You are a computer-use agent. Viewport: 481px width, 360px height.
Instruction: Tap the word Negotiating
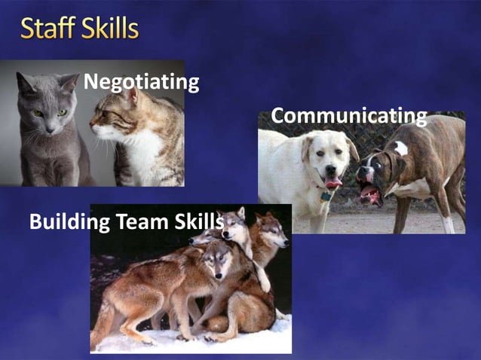[141, 81]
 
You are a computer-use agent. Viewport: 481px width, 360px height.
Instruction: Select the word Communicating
[348, 116]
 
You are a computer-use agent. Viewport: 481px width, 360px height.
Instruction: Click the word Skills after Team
[198, 222]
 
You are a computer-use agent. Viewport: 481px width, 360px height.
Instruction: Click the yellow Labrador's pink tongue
[332, 183]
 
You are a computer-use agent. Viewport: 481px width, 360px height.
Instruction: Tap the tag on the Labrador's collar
[325, 197]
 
